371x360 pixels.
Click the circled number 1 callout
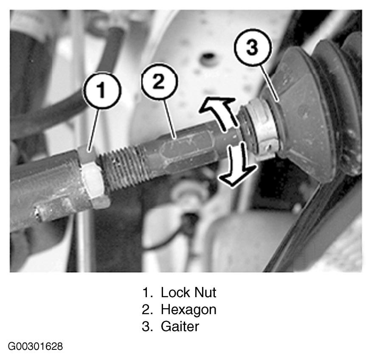pos(102,90)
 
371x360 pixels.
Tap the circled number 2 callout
pos(159,82)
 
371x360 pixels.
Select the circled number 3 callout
pos(253,47)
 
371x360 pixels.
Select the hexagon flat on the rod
pos(187,149)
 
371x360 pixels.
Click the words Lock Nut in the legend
pos(188,292)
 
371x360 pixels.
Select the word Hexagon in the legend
pos(188,309)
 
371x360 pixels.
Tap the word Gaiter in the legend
pos(180,326)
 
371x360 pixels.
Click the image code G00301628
pos(36,346)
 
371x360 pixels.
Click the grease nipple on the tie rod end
pos(39,213)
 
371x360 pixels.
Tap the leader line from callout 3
pos(270,83)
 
